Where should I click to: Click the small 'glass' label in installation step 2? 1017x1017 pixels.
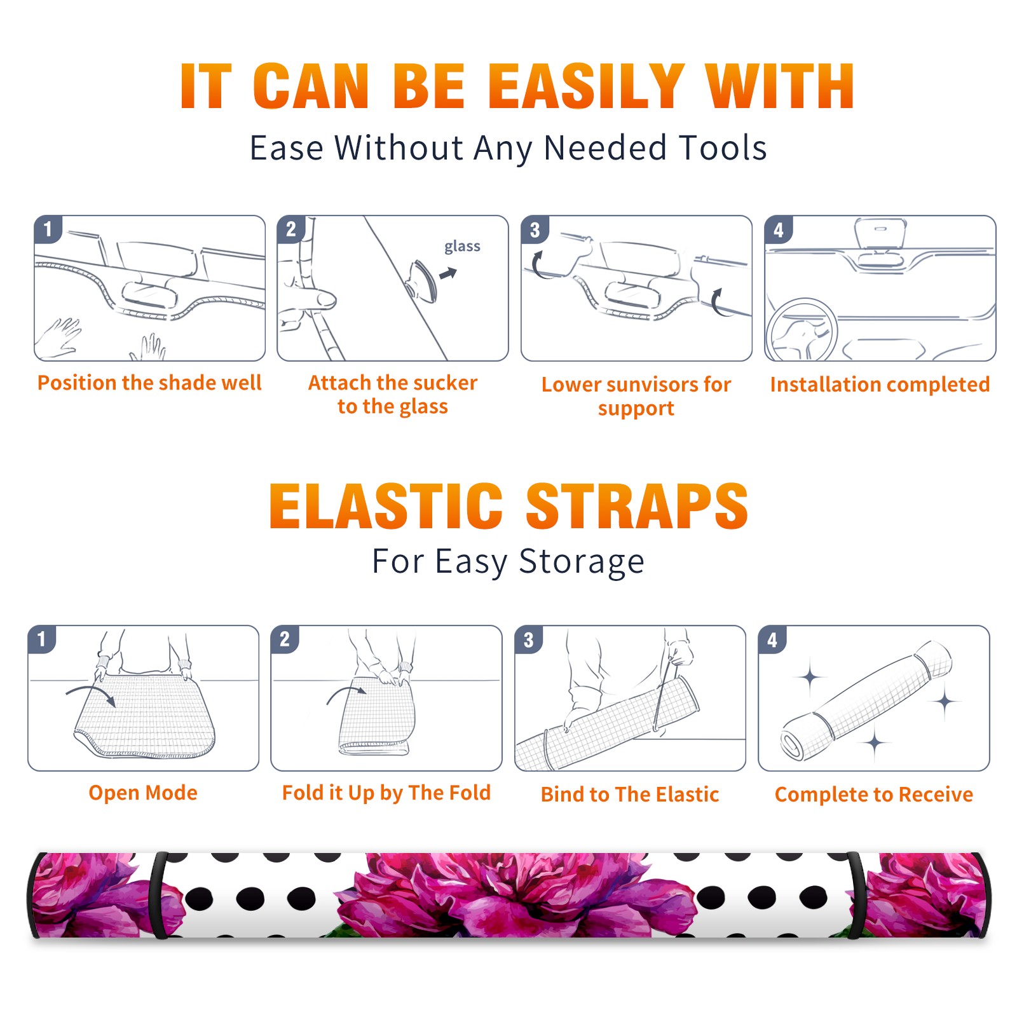[462, 247]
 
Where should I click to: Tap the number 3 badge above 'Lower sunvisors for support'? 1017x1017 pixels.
[535, 230]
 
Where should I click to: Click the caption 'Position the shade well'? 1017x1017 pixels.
[149, 383]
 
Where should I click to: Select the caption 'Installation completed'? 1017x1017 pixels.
[880, 384]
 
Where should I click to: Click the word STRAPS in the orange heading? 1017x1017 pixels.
[637, 506]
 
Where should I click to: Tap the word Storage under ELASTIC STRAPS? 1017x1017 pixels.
[582, 562]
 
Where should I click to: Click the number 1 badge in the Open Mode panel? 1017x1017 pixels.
[42, 639]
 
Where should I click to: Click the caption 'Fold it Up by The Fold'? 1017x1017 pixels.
[386, 793]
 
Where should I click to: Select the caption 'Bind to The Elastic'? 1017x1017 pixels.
[629, 795]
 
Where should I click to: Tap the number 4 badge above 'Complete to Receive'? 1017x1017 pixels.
[772, 639]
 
